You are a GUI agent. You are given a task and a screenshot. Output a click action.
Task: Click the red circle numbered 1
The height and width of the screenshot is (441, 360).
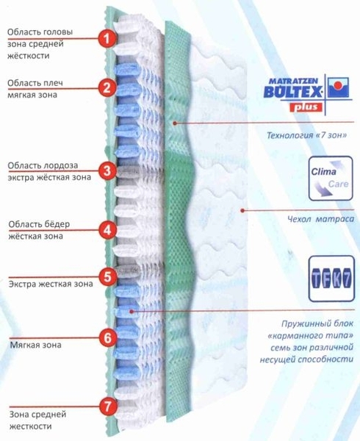point(107,38)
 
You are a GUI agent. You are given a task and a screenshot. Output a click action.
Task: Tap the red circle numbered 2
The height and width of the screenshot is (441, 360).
point(107,88)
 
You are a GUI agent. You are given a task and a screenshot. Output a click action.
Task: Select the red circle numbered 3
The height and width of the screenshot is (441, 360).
point(108,171)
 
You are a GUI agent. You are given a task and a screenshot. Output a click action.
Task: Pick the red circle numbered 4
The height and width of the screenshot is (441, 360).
point(108,230)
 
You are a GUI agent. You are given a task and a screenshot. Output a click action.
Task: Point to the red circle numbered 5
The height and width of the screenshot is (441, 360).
point(108,276)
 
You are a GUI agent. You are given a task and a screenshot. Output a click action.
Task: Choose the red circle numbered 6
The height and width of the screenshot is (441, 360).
point(108,337)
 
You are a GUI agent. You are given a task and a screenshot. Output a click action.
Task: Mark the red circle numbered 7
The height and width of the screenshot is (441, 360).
point(108,406)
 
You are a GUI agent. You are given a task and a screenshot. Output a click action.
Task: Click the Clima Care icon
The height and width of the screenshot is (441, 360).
point(331,179)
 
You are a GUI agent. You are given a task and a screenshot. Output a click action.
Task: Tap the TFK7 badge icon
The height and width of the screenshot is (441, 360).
point(331,279)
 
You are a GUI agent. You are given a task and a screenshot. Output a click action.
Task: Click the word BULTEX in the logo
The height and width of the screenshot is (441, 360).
point(292,91)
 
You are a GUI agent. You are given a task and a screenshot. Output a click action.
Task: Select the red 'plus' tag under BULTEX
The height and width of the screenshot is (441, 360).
point(306,107)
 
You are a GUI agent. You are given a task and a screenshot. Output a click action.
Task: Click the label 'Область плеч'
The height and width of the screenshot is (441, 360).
point(35,83)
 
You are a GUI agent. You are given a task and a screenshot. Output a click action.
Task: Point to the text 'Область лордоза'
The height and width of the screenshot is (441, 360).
point(43,165)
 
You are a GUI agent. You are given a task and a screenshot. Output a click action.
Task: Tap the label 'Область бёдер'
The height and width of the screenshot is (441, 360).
point(39,224)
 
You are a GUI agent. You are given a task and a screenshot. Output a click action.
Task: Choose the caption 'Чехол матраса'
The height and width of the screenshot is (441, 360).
point(320,219)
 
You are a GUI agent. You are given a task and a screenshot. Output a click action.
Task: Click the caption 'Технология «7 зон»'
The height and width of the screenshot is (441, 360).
point(306,135)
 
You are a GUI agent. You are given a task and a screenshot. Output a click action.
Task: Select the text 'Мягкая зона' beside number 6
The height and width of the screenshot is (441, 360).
point(36,345)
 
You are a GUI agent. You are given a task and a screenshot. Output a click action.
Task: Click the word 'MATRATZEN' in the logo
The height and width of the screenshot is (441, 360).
point(293,82)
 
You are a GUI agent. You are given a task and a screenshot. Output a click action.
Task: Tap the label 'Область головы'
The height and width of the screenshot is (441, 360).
point(40,32)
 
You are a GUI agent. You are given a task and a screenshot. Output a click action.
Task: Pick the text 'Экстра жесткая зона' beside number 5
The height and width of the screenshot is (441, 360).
point(51,284)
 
